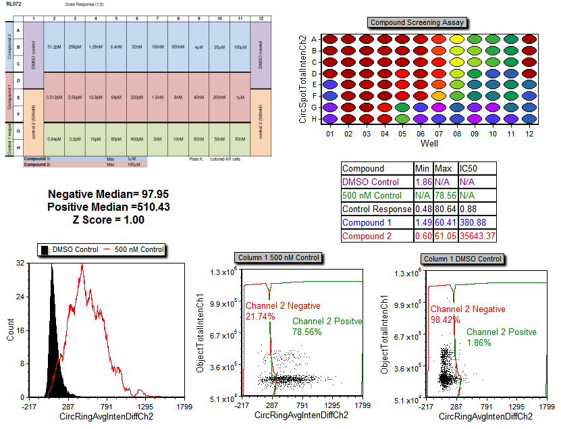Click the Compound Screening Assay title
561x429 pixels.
(x=415, y=22)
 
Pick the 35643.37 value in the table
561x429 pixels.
(x=478, y=236)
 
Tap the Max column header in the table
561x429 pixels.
(x=444, y=168)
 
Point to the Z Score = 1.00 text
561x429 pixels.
(x=108, y=220)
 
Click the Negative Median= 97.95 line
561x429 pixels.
(x=109, y=194)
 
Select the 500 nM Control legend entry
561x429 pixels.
(x=134, y=250)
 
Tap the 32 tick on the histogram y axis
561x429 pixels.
(x=20, y=263)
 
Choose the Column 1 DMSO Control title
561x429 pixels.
(x=463, y=259)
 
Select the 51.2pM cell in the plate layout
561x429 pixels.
(x=54, y=47)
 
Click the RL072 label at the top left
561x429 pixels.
(x=11, y=4)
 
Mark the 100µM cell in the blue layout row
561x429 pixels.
(x=240, y=47)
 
